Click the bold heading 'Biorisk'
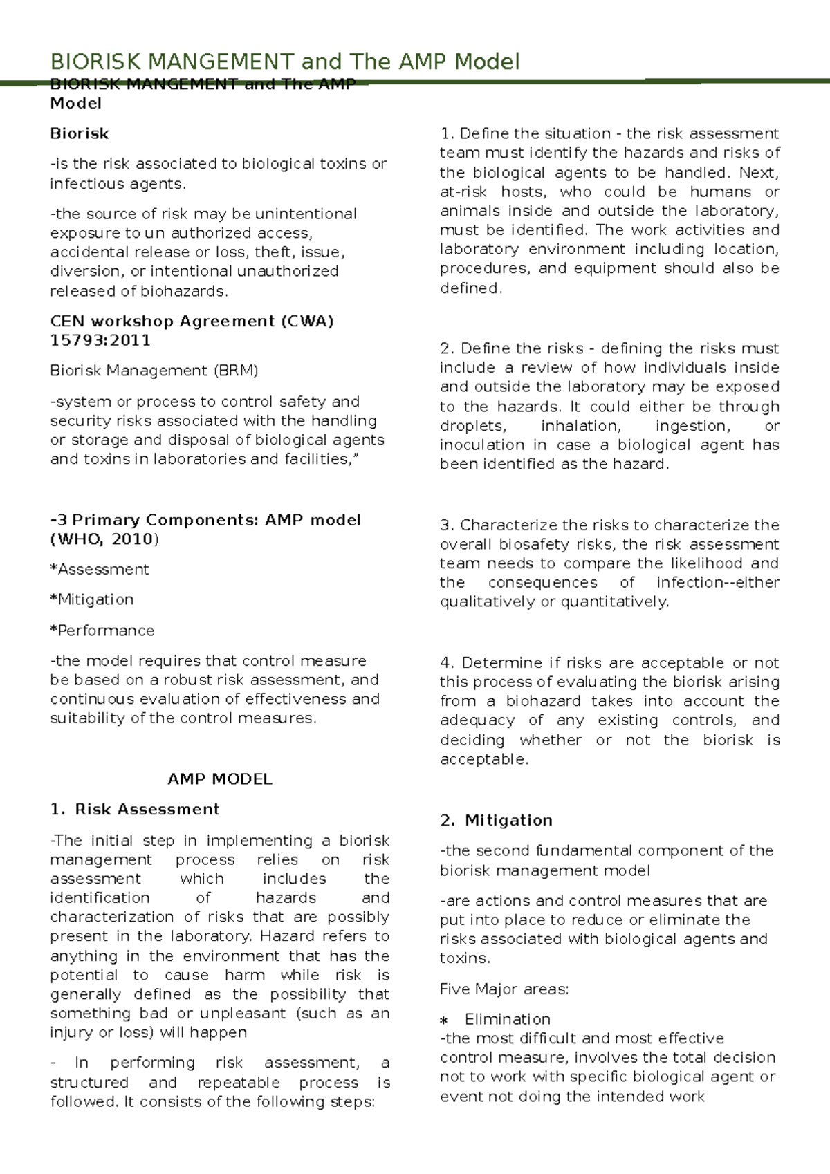pos(80,133)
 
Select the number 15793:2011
pos(100,340)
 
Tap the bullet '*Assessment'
pos(100,569)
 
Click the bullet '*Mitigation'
pos(92,599)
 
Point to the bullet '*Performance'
pos(102,631)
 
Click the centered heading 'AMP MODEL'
pos(220,779)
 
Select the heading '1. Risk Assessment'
pos(135,810)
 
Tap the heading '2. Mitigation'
pos(496,821)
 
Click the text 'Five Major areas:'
pos(504,989)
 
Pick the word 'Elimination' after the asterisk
pos(508,1019)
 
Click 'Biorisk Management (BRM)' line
pos(154,371)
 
